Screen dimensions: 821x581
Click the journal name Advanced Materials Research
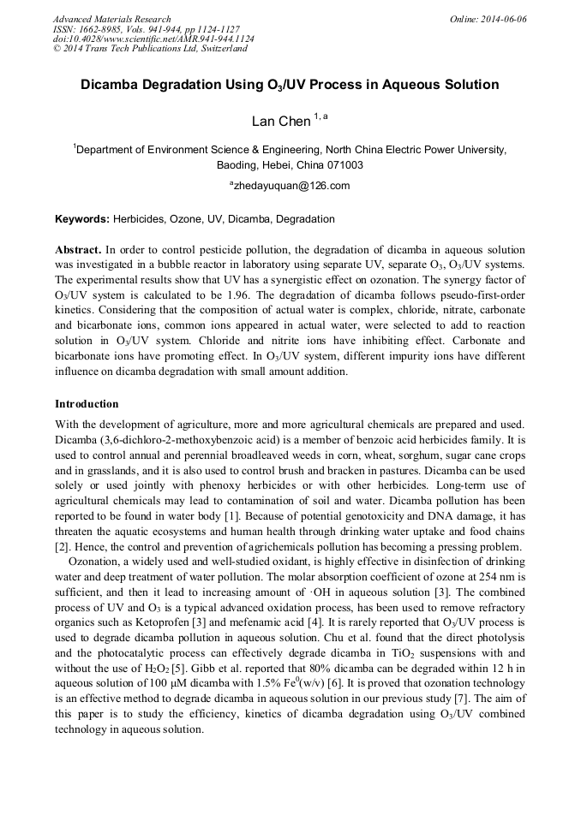pos(111,19)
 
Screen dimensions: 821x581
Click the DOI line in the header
pos(153,39)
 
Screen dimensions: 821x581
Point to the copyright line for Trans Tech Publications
pos(150,49)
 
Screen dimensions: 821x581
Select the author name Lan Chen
pos(281,122)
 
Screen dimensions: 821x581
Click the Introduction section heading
pos(87,403)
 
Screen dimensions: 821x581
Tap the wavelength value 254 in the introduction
pos(467,577)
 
